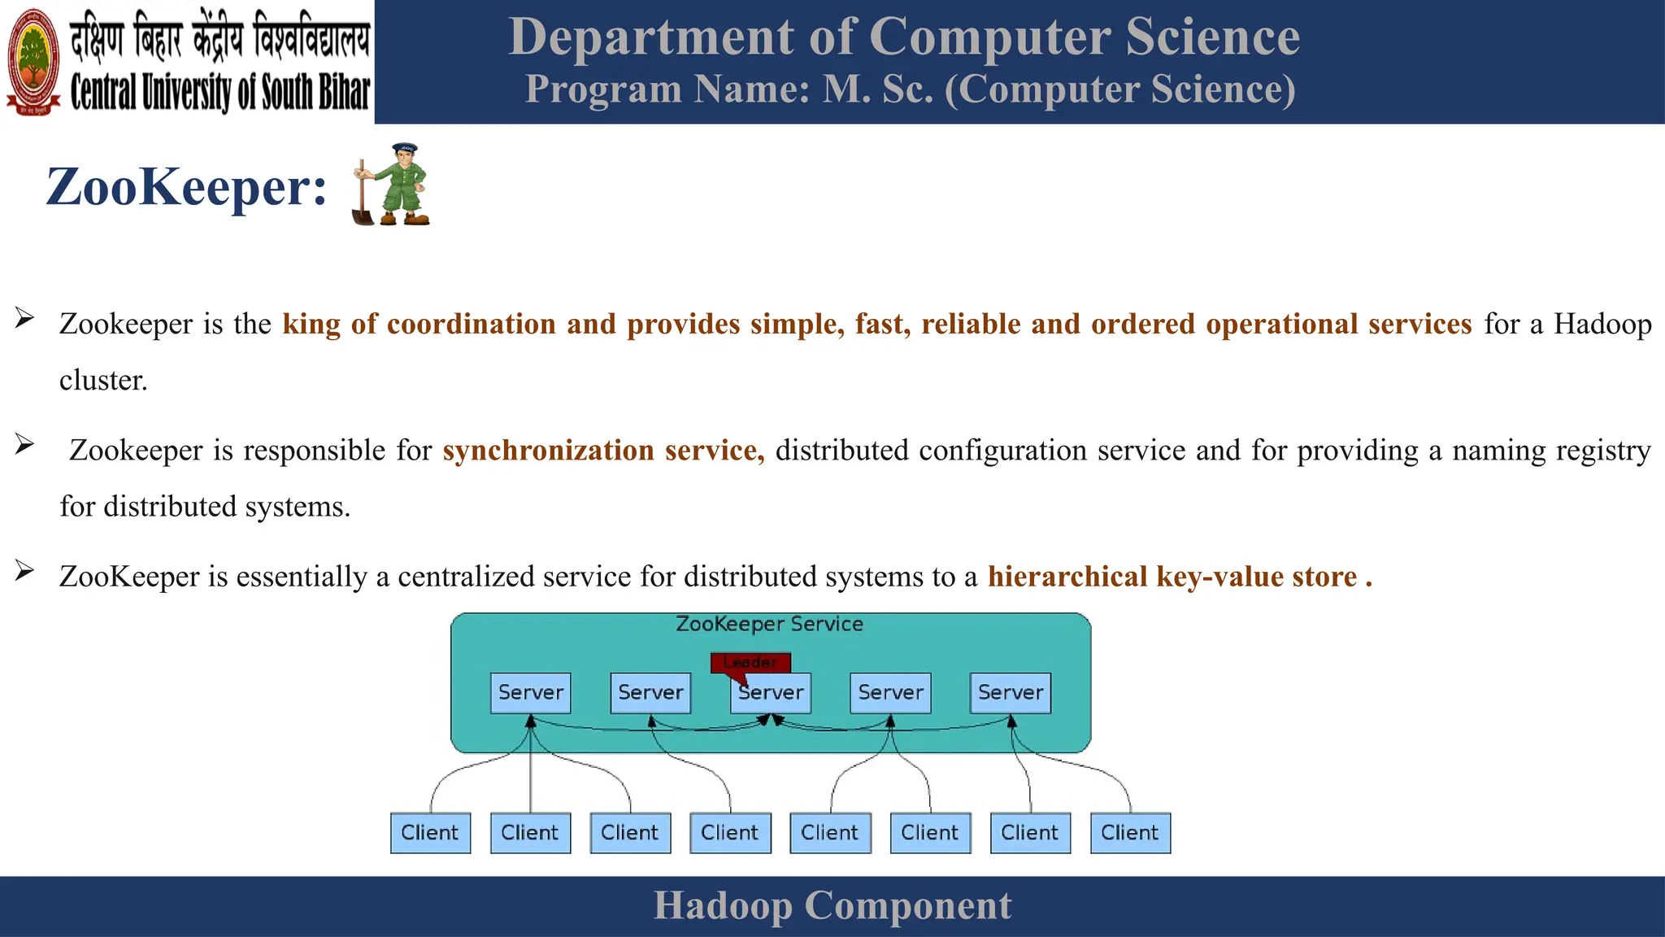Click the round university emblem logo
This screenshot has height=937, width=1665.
[33, 62]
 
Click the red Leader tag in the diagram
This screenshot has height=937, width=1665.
[750, 662]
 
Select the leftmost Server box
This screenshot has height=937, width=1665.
[530, 693]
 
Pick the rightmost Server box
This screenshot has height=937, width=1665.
[1010, 693]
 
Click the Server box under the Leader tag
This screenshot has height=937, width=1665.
[771, 694]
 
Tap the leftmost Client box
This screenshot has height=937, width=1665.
[430, 833]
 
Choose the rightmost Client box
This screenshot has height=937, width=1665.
[1129, 833]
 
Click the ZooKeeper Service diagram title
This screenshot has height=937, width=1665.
[769, 625]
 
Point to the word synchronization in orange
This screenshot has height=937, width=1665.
[548, 451]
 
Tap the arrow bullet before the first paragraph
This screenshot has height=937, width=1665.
[24, 318]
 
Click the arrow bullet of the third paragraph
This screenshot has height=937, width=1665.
[24, 571]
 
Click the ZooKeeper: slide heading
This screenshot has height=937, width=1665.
[186, 187]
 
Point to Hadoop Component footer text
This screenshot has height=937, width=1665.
[832, 906]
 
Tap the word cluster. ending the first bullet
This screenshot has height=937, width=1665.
[103, 381]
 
